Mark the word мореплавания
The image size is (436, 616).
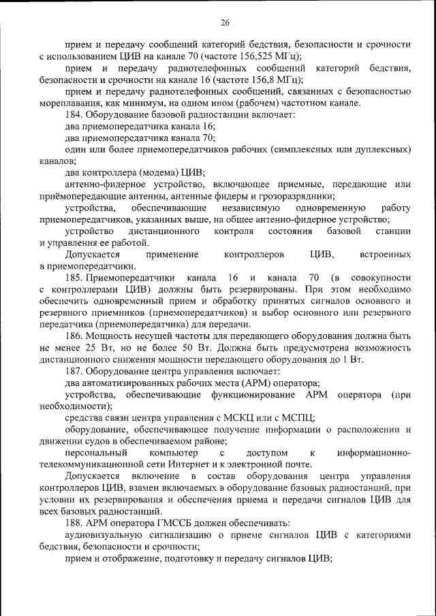pos(67,103)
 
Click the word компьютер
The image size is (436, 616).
pos(169,453)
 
